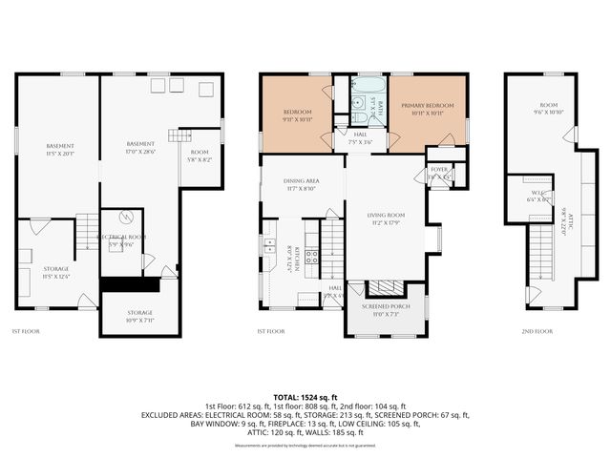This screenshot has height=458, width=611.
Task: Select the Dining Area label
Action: point(301,185)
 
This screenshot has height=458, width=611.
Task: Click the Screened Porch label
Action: point(386,310)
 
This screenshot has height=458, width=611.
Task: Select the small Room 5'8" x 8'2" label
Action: point(199,156)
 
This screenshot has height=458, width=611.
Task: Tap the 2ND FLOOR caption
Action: point(537,331)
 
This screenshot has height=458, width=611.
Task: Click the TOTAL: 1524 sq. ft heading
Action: point(305,396)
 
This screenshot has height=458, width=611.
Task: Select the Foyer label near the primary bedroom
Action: point(439,173)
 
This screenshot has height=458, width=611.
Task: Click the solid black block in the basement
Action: point(130,284)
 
